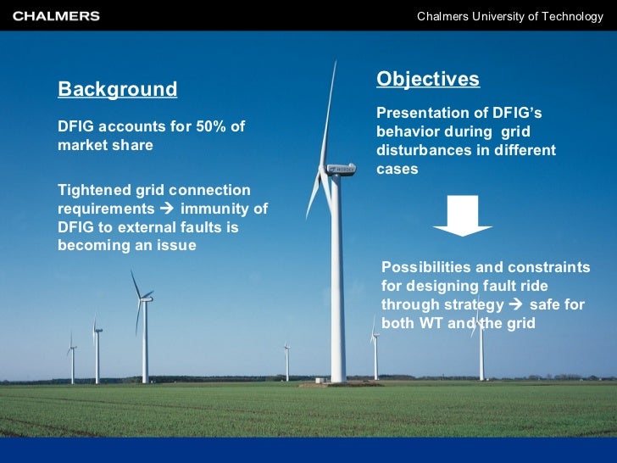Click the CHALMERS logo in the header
pos(56,16)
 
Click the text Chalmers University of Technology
pos(510,17)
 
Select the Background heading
pos(117,90)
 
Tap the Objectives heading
pos(428,80)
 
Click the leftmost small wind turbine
pos(72,356)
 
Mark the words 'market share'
pos(105,145)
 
